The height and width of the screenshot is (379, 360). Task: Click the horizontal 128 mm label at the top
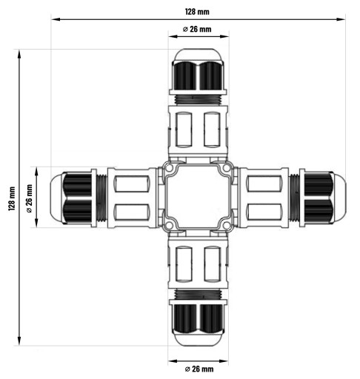point(197,12)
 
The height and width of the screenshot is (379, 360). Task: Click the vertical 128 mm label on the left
point(12,198)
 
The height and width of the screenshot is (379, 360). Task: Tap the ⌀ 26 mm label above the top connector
point(197,29)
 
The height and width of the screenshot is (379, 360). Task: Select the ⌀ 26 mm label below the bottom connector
point(199,369)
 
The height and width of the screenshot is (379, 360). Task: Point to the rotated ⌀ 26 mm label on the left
point(30,198)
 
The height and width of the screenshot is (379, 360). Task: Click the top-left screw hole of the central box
point(169,168)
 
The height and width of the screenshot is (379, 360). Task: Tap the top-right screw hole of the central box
point(227,168)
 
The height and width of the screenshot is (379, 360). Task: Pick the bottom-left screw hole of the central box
point(169,225)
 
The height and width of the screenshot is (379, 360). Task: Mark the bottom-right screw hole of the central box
point(227,225)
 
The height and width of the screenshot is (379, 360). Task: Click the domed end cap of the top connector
point(198,55)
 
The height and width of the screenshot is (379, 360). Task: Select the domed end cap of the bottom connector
point(198,340)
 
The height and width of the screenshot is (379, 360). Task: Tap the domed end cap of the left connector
point(56,198)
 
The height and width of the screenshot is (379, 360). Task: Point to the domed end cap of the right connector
point(340,198)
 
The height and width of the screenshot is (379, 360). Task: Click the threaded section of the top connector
point(198,100)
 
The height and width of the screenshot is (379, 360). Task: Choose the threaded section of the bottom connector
point(198,294)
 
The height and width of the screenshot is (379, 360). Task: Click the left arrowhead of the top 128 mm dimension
point(56,19)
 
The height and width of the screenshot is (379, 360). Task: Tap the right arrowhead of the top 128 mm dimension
point(341,19)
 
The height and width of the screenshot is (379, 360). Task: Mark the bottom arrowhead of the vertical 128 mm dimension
point(19,341)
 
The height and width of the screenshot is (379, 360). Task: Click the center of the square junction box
point(198,197)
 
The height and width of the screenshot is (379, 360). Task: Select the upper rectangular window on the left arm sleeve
point(132,184)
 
